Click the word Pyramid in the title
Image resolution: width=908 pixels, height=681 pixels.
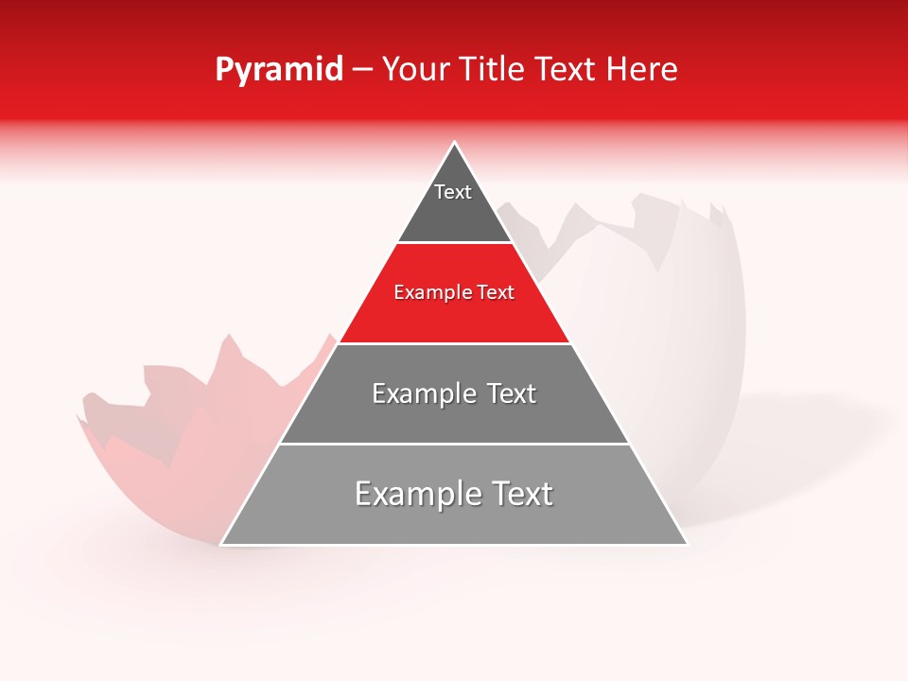[278, 70]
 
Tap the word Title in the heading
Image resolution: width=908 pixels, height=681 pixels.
[492, 70]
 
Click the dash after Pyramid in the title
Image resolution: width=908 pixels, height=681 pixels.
[362, 70]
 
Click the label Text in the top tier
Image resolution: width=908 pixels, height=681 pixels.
[453, 192]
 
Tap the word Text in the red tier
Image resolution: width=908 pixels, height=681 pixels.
[497, 293]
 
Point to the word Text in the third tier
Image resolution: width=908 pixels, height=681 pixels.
[513, 393]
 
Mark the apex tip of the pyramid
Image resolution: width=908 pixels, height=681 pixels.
[455, 143]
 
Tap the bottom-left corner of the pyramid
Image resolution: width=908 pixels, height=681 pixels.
[223, 543]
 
